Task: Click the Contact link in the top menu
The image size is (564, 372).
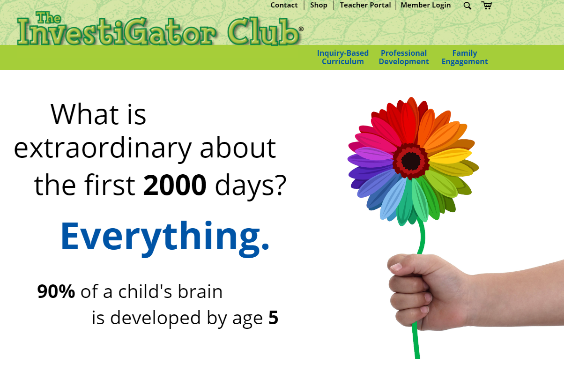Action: click(284, 5)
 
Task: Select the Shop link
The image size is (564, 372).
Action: click(319, 5)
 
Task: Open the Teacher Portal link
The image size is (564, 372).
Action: click(365, 5)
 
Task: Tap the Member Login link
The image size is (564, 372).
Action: click(425, 5)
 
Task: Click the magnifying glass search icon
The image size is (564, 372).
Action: click(468, 6)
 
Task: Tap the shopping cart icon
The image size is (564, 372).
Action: click(486, 5)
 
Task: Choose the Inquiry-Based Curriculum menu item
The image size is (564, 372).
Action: click(343, 57)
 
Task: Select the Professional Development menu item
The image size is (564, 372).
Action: click(404, 57)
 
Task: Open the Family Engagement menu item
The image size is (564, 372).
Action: click(465, 58)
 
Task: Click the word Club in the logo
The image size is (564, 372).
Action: click(264, 31)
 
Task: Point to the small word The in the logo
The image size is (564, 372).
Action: click(48, 18)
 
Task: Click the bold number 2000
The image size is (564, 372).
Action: click(175, 185)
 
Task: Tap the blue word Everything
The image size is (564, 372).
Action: click(165, 237)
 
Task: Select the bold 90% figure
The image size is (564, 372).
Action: click(56, 291)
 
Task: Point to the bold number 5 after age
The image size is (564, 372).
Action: click(273, 318)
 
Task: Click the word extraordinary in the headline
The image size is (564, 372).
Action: click(103, 149)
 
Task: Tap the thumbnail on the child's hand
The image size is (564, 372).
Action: click(396, 267)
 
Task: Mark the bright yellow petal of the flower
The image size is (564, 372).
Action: click(450, 156)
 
